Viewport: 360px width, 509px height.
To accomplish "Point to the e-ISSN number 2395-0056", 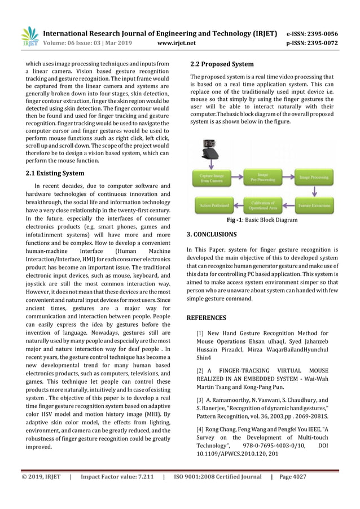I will (x=321, y=33).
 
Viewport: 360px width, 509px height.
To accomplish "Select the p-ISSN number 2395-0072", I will (x=321, y=42).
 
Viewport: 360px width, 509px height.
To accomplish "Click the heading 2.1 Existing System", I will (x=55, y=173).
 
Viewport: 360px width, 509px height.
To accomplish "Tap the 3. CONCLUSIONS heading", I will (x=212, y=234).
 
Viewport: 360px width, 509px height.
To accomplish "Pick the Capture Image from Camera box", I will (x=212, y=178).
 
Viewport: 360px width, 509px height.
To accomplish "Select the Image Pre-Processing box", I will (x=262, y=178).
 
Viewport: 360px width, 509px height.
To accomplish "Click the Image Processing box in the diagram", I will (x=314, y=178).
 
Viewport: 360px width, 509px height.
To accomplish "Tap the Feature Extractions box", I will (x=314, y=204).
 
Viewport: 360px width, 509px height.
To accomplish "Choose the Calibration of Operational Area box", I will (x=262, y=204).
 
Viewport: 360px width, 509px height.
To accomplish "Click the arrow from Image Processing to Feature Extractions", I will (x=314, y=191).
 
